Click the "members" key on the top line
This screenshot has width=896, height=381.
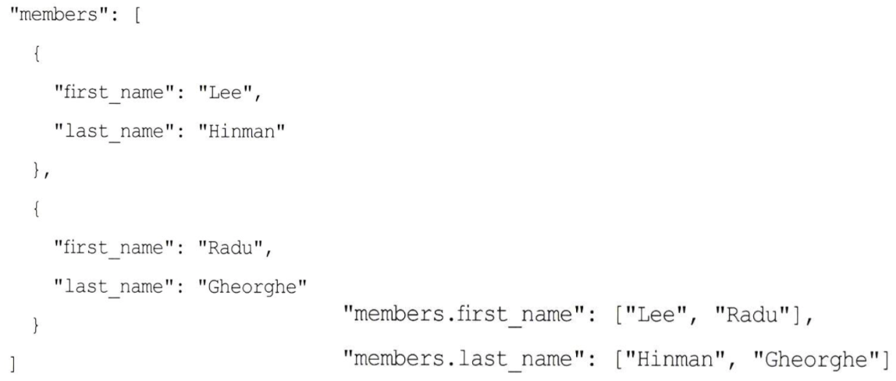coord(50,15)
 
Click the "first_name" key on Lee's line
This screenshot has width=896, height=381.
coord(116,94)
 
